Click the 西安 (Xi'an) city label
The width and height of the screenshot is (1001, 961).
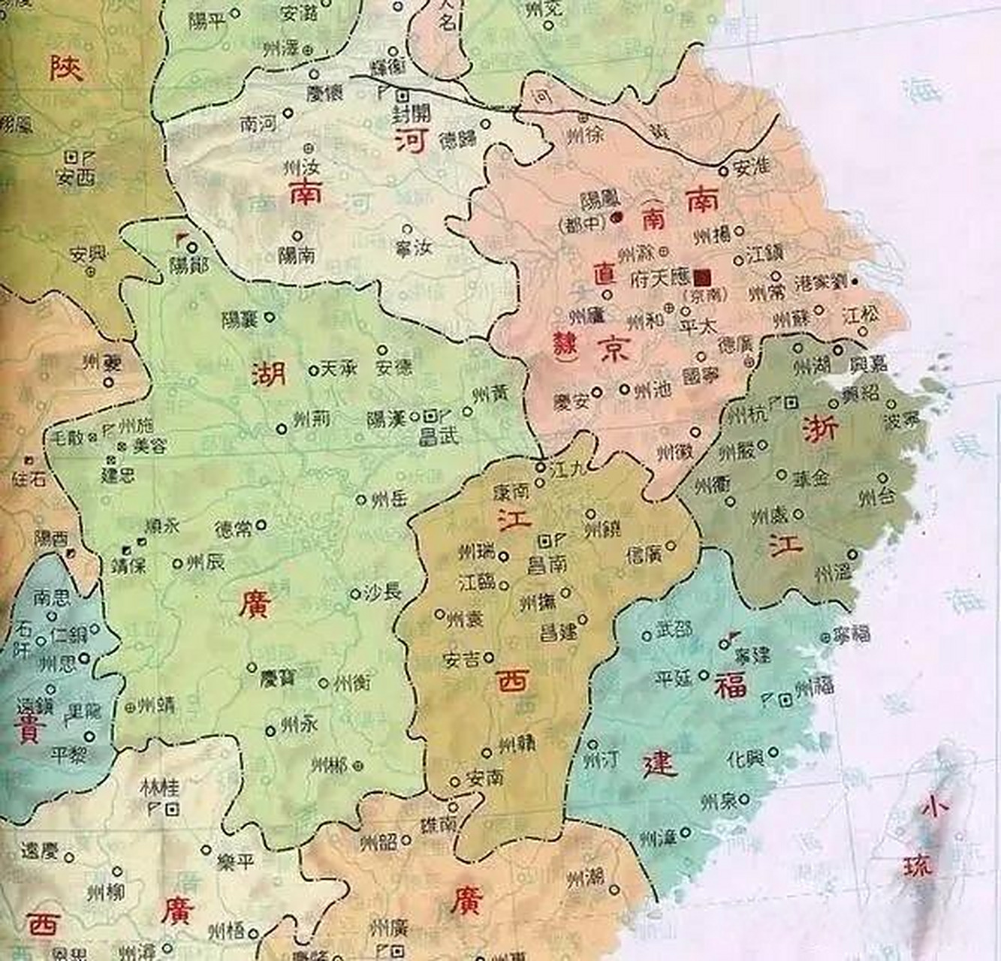click(x=76, y=177)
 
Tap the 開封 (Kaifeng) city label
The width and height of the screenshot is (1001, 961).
click(x=412, y=115)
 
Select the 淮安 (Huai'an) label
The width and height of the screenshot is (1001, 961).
click(x=752, y=167)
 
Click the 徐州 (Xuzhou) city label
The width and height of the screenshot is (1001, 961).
click(x=584, y=136)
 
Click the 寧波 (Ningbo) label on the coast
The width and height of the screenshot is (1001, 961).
click(x=901, y=420)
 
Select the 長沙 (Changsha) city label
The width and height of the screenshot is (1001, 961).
click(x=383, y=592)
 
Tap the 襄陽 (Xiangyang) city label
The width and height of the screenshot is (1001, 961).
click(x=240, y=319)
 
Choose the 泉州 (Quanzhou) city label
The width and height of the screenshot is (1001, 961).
click(x=718, y=803)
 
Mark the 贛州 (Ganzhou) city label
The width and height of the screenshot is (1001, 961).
click(x=517, y=743)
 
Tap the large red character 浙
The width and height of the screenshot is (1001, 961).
click(x=821, y=430)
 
